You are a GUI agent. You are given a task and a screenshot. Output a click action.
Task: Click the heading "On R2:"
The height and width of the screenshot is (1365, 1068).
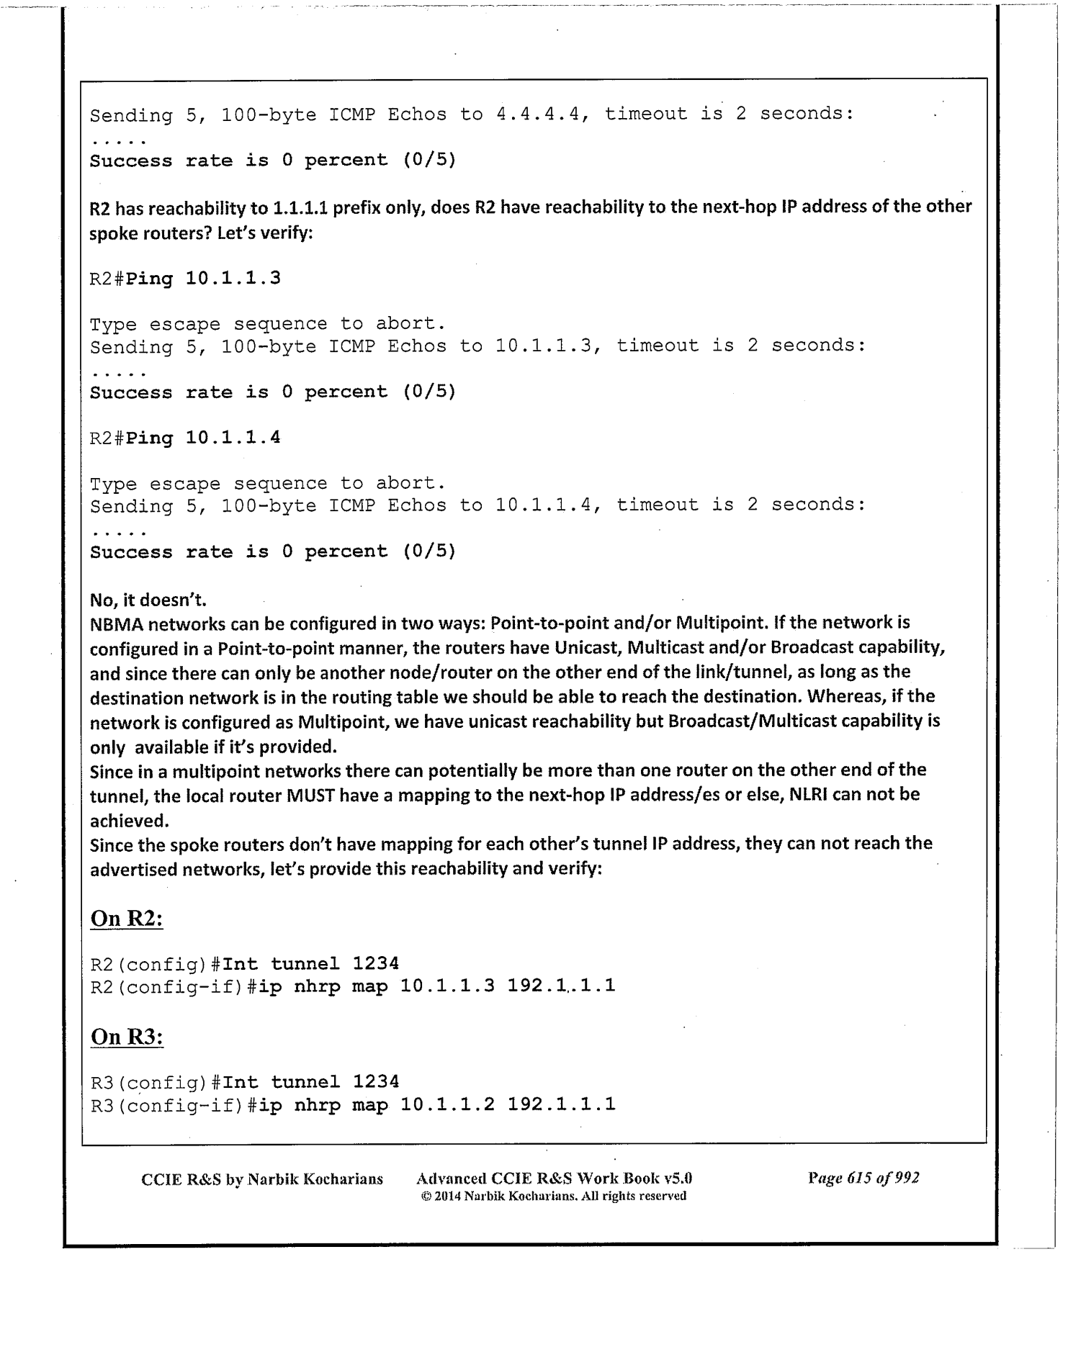[x=127, y=919]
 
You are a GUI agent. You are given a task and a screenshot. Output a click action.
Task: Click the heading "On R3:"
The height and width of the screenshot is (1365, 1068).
[x=127, y=1037]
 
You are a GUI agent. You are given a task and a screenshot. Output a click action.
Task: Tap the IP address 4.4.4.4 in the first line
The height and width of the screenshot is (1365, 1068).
[x=539, y=114]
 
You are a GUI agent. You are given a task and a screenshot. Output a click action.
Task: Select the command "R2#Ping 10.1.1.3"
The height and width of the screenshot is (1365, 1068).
[x=185, y=279]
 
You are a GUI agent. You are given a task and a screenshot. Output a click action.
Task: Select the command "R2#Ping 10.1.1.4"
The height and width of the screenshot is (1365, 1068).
[x=185, y=438]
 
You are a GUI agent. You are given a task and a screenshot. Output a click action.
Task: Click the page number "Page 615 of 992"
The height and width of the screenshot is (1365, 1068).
[x=863, y=1178]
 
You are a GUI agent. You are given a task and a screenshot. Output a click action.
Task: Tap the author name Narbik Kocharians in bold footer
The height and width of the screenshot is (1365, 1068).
[x=315, y=1179]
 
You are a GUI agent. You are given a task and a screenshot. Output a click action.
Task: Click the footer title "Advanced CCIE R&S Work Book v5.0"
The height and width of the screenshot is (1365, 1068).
[x=554, y=1179]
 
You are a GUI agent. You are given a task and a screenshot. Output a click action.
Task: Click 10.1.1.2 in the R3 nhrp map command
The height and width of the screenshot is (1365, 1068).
[x=447, y=1104]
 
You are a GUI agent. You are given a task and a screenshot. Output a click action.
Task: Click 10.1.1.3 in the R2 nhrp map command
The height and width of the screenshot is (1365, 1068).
[x=447, y=986]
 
